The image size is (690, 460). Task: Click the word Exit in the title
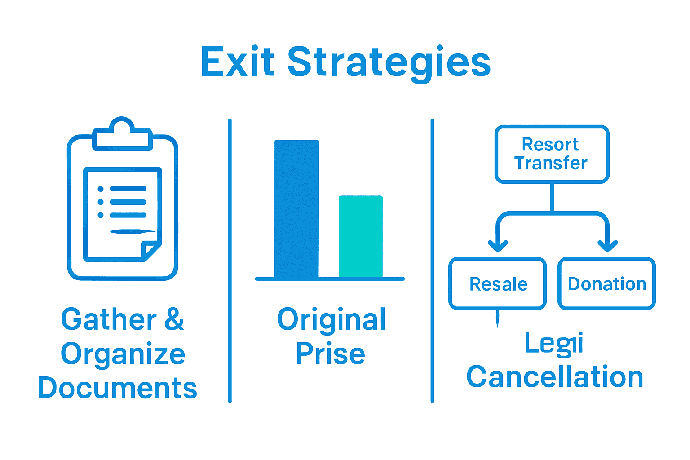(x=237, y=62)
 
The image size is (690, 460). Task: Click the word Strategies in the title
(x=389, y=63)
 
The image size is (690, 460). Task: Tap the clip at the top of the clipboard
(x=122, y=134)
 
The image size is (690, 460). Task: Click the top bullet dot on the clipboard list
(x=101, y=189)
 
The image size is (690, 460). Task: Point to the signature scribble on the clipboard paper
(x=133, y=232)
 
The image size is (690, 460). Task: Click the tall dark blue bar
(x=296, y=209)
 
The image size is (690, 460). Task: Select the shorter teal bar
(x=360, y=236)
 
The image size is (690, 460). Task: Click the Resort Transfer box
(x=552, y=154)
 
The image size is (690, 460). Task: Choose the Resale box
(x=498, y=284)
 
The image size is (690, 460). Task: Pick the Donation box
(x=606, y=284)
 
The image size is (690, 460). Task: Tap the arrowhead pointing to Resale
(x=498, y=245)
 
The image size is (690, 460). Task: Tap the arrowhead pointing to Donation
(x=607, y=245)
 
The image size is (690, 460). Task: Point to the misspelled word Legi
(x=554, y=344)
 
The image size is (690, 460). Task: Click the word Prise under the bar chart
(x=330, y=354)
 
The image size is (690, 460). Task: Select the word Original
(x=331, y=319)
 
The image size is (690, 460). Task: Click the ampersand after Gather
(x=174, y=319)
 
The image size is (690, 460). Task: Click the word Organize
(x=123, y=354)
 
